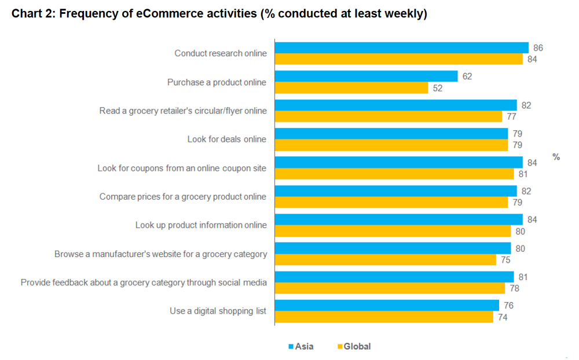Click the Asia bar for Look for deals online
pyautogui.click(x=391, y=134)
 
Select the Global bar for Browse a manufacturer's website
pyautogui.click(x=385, y=259)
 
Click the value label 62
pyautogui.click(x=467, y=76)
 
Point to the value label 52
pyautogui.click(x=438, y=88)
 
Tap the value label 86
pyautogui.click(x=538, y=47)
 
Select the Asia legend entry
pyautogui.click(x=301, y=347)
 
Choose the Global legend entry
pyautogui.click(x=353, y=347)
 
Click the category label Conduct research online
pyautogui.click(x=221, y=53)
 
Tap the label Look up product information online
pyautogui.click(x=201, y=225)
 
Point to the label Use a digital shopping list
pyautogui.click(x=218, y=311)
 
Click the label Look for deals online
pyautogui.click(x=226, y=139)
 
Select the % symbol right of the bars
pyautogui.click(x=556, y=157)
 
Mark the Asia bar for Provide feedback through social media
pyautogui.click(x=394, y=277)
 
